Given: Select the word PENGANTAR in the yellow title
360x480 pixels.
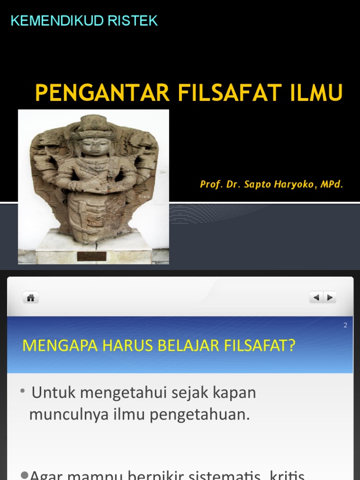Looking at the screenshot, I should tap(102, 93).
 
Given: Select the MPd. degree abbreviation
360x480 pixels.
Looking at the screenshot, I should tap(332, 184).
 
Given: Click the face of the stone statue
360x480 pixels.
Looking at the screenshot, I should tap(94, 147).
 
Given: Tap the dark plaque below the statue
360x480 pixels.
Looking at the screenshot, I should tap(91, 256).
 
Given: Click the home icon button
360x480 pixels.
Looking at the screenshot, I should tap(31, 298).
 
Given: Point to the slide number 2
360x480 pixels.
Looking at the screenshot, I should tap(345, 325).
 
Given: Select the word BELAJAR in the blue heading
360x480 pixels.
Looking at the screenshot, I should tap(190, 346).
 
